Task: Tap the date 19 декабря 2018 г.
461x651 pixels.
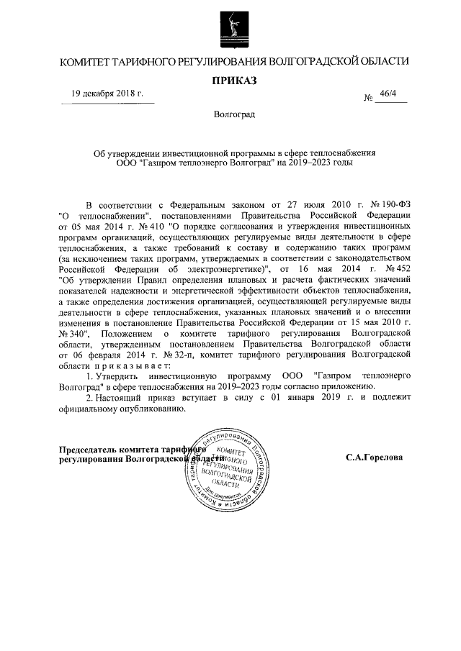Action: (107, 94)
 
